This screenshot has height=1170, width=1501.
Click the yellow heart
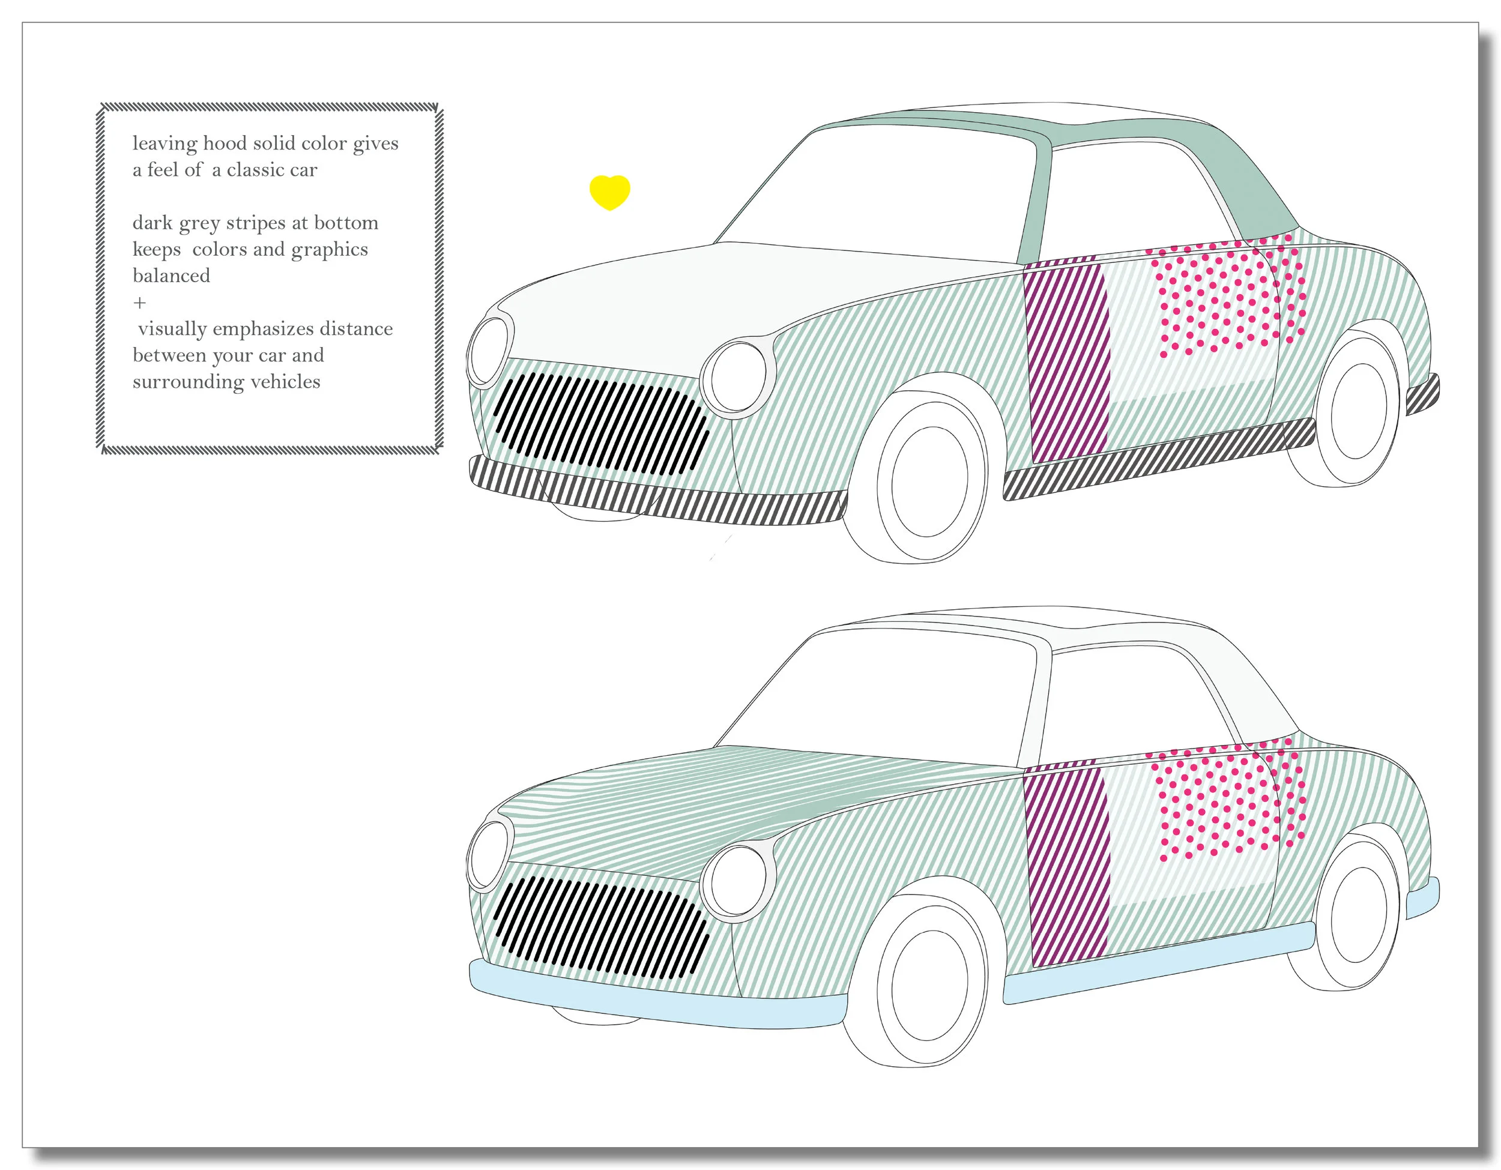(x=609, y=191)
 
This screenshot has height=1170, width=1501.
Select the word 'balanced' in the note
(x=171, y=276)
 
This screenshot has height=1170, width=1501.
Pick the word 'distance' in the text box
(x=355, y=328)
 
